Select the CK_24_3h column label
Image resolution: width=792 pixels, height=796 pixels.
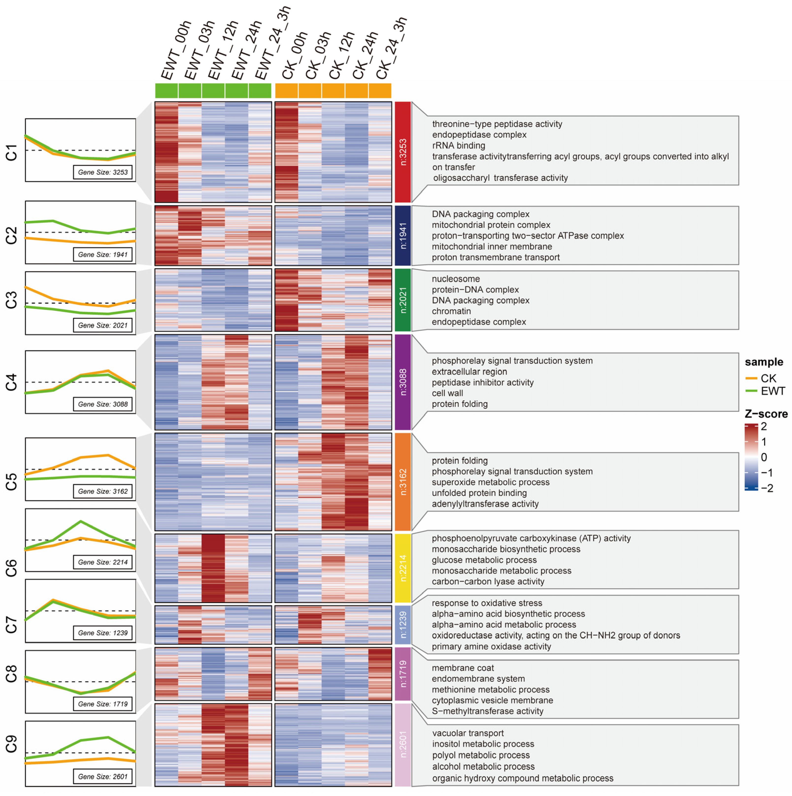click(391, 49)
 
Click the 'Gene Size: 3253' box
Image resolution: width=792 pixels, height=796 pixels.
click(103, 172)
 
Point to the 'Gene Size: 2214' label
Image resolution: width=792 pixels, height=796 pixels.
click(103, 562)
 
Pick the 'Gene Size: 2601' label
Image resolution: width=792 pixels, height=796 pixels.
click(103, 776)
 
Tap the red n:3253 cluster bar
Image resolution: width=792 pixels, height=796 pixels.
click(403, 152)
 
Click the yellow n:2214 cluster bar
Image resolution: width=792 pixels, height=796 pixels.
click(403, 568)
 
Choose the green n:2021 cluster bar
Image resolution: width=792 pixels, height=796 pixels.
click(403, 300)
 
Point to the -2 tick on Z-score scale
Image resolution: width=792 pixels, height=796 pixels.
click(766, 488)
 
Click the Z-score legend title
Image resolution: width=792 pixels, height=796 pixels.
click(766, 414)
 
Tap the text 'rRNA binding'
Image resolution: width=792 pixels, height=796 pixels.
click(458, 145)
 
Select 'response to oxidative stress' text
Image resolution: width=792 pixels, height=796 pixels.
click(487, 603)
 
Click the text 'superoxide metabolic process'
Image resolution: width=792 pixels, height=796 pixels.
click(490, 482)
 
